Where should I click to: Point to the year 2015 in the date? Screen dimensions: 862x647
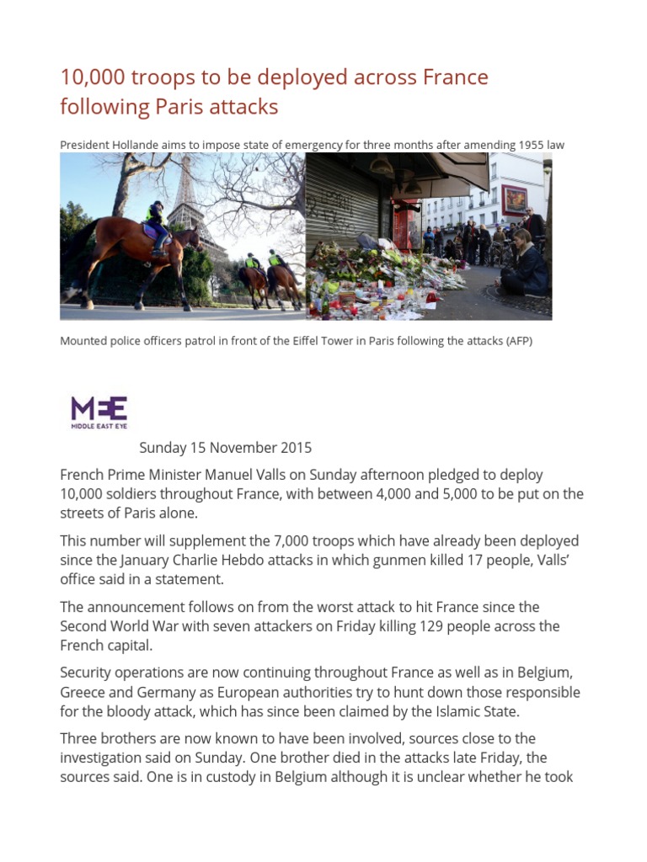point(295,447)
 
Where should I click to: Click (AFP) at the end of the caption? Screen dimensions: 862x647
point(516,342)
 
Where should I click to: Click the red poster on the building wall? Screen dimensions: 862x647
point(515,200)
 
